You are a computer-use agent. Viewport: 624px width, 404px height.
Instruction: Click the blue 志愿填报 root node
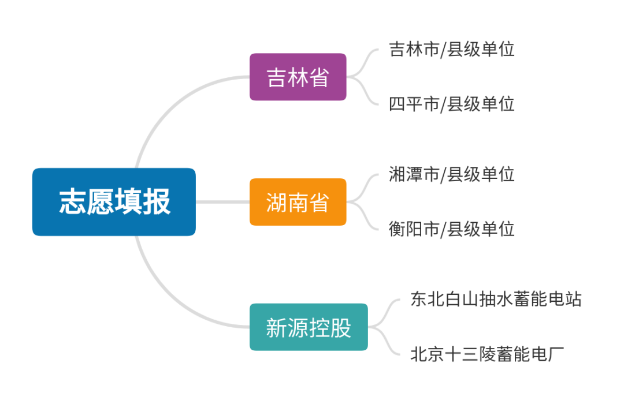(x=114, y=202)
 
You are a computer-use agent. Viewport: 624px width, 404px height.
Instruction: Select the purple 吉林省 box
(x=298, y=77)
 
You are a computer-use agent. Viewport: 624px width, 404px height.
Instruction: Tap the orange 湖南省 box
(x=298, y=202)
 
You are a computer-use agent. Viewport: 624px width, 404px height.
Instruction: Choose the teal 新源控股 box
(x=309, y=327)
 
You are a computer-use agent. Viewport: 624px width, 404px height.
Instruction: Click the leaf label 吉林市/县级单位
(x=452, y=49)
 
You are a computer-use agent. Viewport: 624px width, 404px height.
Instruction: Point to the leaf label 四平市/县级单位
(x=452, y=104)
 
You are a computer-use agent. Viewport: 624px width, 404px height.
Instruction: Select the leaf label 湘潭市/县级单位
(x=452, y=174)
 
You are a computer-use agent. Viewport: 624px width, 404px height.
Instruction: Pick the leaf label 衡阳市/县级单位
(x=452, y=229)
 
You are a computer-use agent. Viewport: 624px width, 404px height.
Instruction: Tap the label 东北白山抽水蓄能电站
(x=496, y=299)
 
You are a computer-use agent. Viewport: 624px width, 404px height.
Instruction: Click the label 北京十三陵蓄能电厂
(x=486, y=354)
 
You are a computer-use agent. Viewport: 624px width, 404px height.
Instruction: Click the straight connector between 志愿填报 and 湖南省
(x=222, y=202)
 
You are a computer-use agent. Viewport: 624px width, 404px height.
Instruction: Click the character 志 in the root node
(x=73, y=202)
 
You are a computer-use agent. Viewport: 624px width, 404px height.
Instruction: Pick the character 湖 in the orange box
(x=277, y=203)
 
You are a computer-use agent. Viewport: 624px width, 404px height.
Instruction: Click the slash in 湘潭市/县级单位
(x=443, y=174)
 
